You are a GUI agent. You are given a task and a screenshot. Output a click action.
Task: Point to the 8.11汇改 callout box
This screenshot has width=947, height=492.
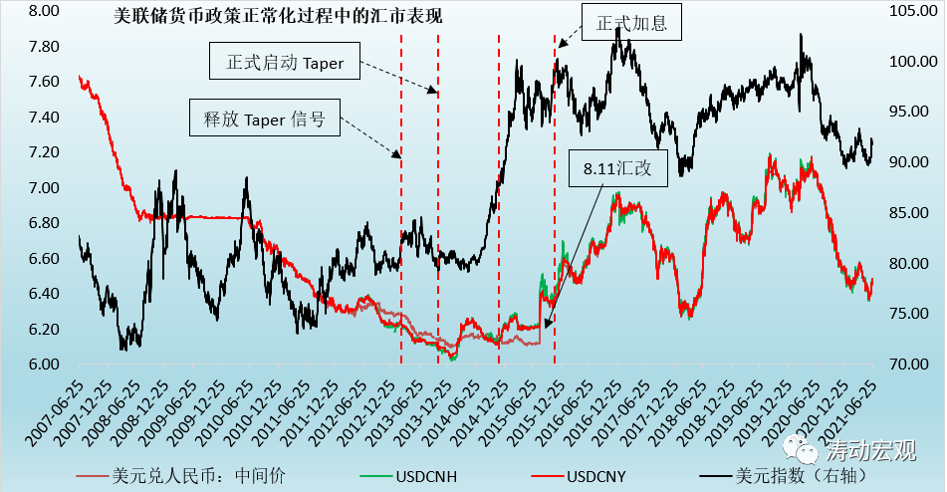[x=617, y=168]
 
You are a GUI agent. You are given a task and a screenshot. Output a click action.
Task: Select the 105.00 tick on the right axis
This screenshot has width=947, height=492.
[x=908, y=12]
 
